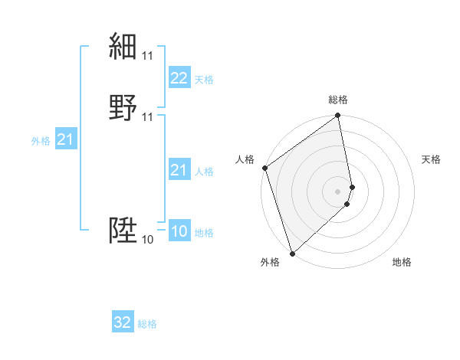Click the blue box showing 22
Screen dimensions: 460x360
click(x=179, y=78)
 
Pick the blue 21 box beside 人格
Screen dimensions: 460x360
click(x=179, y=170)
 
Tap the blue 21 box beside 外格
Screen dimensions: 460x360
click(x=65, y=139)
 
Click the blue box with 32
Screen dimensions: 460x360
click(x=123, y=322)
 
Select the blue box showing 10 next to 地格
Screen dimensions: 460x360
click(x=179, y=231)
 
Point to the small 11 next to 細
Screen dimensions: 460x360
click(x=148, y=56)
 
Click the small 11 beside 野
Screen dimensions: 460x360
click(x=148, y=117)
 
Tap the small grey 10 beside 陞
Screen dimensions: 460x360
click(x=148, y=240)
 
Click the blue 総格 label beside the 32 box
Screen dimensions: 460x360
click(x=147, y=324)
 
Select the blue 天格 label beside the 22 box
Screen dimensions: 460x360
click(x=204, y=80)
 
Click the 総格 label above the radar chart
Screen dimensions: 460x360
click(x=338, y=100)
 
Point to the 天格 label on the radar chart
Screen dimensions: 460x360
click(x=431, y=159)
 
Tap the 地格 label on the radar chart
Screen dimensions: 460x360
click(x=402, y=262)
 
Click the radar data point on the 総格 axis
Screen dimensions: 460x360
click(x=338, y=116)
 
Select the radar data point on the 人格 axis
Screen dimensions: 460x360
click(x=264, y=168)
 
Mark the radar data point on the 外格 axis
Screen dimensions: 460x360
click(x=292, y=253)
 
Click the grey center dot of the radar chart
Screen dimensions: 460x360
click(x=338, y=191)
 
